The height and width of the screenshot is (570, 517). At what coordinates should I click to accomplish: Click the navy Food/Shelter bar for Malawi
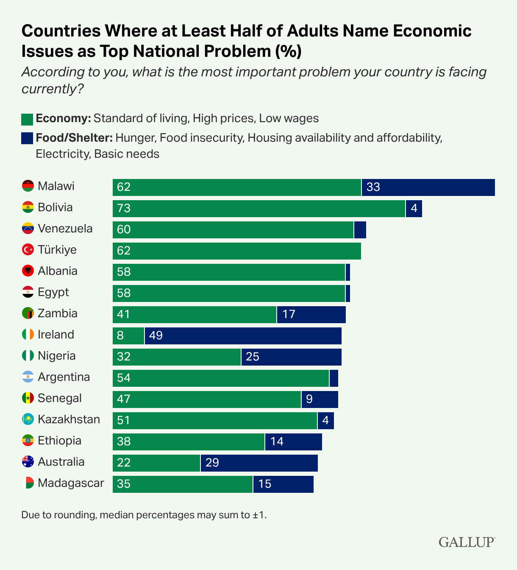coord(428,187)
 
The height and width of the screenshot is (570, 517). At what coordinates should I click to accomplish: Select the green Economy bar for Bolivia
coord(258,209)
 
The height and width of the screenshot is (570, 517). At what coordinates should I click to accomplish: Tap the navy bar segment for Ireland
coord(243,336)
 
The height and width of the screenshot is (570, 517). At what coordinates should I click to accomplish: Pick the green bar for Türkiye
coord(236,251)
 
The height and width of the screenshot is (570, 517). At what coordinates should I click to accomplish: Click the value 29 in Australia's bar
coord(212,463)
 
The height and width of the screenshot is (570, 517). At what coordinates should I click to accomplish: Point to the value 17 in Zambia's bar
coord(289,314)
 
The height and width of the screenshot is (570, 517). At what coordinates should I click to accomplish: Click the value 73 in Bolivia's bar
coord(124,208)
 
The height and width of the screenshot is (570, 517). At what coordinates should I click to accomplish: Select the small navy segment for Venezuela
coord(360,230)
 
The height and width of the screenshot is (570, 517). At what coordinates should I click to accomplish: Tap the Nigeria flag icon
coord(28,355)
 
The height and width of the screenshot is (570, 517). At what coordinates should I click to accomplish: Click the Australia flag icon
coord(28,461)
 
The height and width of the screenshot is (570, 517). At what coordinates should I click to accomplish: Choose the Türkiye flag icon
coord(28,249)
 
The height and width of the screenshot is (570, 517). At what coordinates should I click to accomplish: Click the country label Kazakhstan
coord(69,419)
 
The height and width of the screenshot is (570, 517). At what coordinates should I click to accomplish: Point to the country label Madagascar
coord(71,483)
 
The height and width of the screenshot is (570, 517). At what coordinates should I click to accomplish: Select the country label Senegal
coord(59,398)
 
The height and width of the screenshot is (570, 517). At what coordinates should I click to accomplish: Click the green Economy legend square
coord(27,119)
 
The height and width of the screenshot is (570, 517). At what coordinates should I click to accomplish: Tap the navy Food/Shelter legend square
coord(27,138)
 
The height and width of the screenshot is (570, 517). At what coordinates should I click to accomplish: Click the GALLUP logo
coord(467,542)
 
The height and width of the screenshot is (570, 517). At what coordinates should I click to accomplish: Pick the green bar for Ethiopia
coord(189,442)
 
